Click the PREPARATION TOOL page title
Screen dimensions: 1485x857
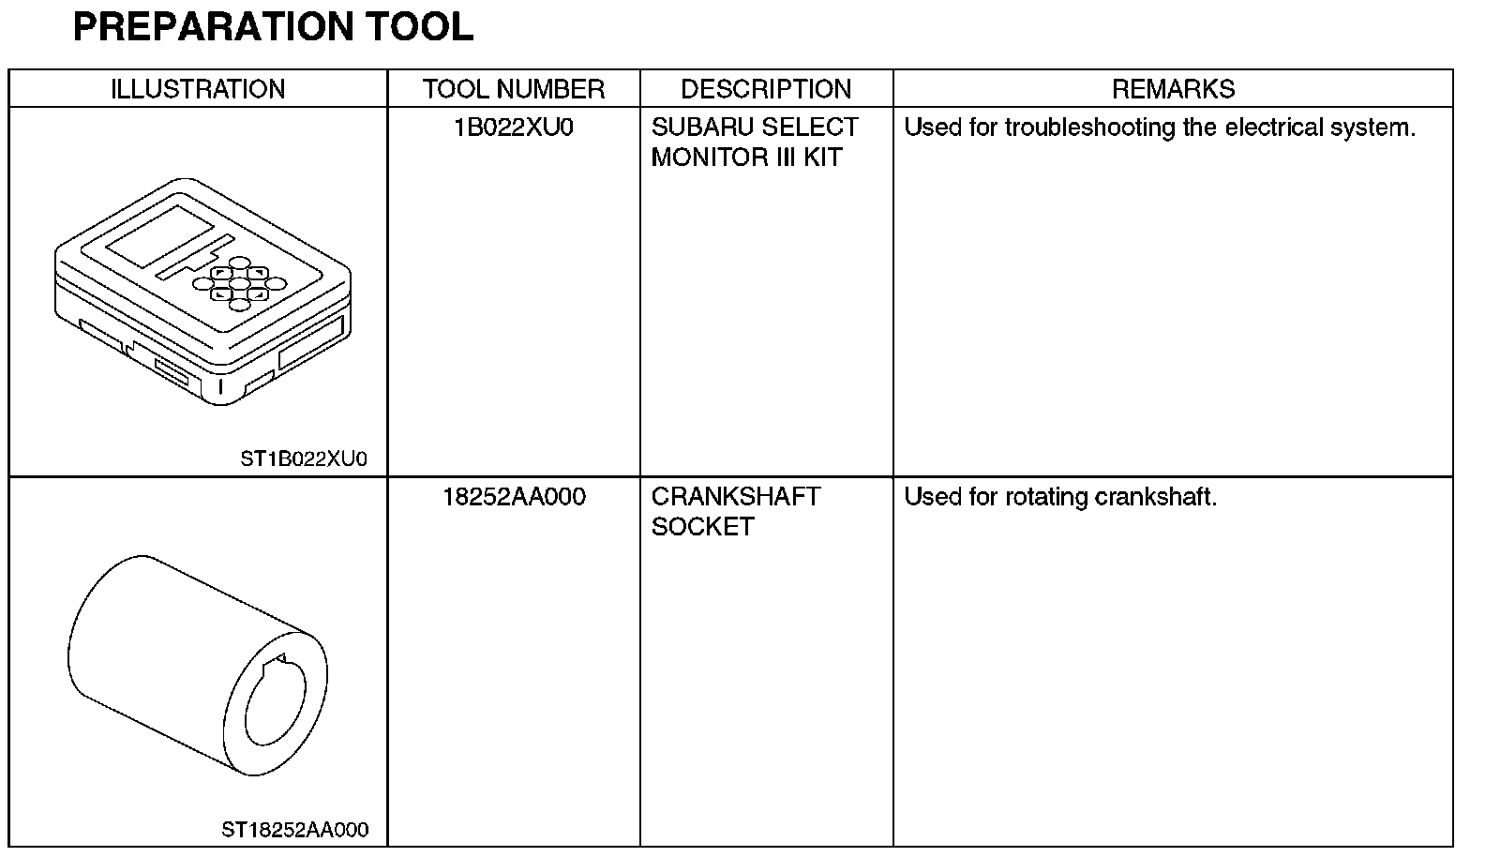(x=273, y=27)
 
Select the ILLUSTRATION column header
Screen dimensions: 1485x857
(x=198, y=89)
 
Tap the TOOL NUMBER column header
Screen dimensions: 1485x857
(x=513, y=89)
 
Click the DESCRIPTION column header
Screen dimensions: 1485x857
(x=766, y=89)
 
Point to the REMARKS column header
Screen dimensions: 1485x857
(x=1173, y=89)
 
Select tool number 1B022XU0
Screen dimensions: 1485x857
(x=513, y=128)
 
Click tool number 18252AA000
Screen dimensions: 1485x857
(x=514, y=497)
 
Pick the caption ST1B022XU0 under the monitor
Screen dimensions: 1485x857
(x=304, y=459)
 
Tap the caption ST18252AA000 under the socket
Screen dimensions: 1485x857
(x=294, y=830)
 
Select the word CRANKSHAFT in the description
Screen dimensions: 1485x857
(x=736, y=497)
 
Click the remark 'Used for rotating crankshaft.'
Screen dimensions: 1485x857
(x=1060, y=497)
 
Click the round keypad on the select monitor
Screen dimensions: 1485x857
(x=238, y=282)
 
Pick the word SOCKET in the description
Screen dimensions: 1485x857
(x=702, y=527)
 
